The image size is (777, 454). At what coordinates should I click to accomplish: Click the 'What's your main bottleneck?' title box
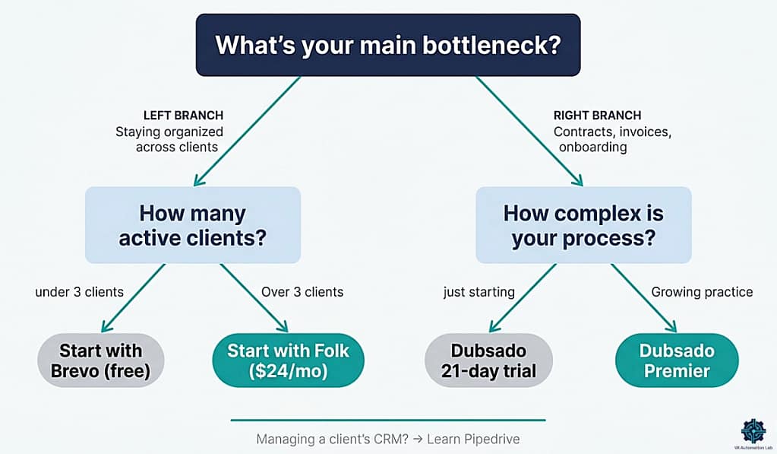pyautogui.click(x=388, y=45)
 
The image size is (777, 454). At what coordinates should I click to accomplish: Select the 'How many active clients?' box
pyautogui.click(x=193, y=224)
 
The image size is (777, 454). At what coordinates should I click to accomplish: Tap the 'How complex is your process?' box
pyautogui.click(x=583, y=224)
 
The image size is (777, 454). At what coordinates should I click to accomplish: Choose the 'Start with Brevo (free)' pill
pyautogui.click(x=100, y=360)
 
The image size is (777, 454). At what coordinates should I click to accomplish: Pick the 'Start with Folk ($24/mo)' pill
pyautogui.click(x=288, y=360)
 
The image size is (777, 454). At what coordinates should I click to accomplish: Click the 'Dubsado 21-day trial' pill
pyautogui.click(x=488, y=360)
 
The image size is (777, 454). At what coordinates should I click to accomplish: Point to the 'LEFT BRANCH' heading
pyautogui.click(x=183, y=116)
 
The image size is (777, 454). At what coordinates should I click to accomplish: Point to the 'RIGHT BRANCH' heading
pyautogui.click(x=596, y=116)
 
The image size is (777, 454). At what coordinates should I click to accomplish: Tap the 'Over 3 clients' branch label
pyautogui.click(x=302, y=292)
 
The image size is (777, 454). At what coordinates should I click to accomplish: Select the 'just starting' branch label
pyautogui.click(x=479, y=292)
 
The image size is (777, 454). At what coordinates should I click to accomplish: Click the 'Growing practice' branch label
pyautogui.click(x=702, y=292)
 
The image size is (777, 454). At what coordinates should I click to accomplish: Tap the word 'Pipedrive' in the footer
pyautogui.click(x=494, y=440)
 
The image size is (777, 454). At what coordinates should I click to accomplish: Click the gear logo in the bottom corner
pyautogui.click(x=753, y=430)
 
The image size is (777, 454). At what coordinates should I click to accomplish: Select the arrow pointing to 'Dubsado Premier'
pyautogui.click(x=643, y=299)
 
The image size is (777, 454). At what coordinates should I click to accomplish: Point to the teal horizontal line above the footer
pyautogui.click(x=387, y=420)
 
